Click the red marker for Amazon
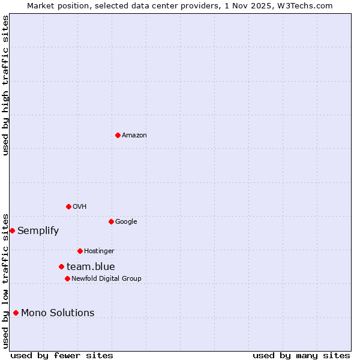pos(118,135)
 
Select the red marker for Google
pos(111,221)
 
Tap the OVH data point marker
pos(68,206)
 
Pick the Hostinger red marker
pos(80,251)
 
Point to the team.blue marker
pos(61,266)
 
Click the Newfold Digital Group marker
pos(67,278)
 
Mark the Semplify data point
pos(12,230)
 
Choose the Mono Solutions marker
pos(16,313)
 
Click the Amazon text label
pos(134,136)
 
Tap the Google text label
pos(126,222)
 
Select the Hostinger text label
pos(99,251)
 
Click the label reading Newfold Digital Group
pos(106,279)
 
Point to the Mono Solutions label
pos(58,313)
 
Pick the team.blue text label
pos(91,267)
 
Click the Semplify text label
pos(38,231)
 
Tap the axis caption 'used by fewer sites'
pos(62,356)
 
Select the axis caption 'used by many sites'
pos(301,356)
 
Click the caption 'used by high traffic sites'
pos(5,85)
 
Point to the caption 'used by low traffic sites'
pos(5,280)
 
